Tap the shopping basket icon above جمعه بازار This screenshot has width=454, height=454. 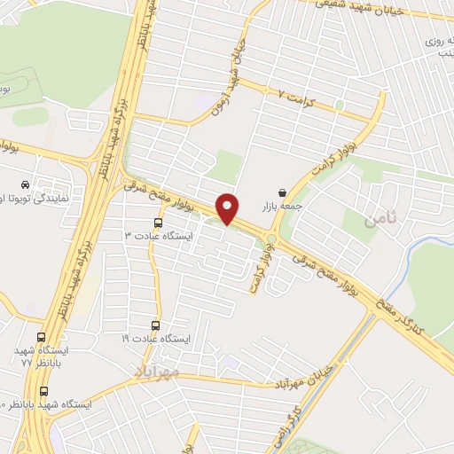[x=282, y=192]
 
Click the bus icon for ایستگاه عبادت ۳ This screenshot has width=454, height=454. [x=158, y=223]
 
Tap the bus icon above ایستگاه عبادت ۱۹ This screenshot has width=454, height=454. [x=157, y=325]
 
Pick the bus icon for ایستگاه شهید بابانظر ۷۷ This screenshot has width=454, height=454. [x=42, y=338]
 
